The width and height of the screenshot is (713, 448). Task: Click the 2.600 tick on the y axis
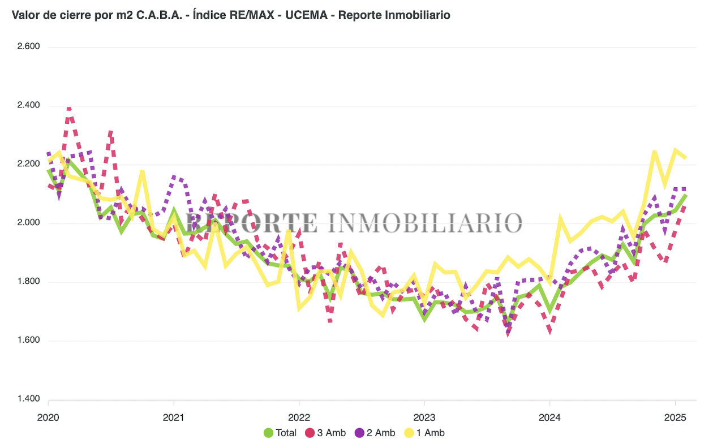click(x=28, y=46)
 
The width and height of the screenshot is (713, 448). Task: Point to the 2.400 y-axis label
click(x=28, y=105)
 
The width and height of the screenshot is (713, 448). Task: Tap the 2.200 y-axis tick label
click(x=28, y=164)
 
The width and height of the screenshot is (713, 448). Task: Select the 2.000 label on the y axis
click(x=28, y=223)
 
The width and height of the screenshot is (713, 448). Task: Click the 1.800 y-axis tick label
click(x=28, y=282)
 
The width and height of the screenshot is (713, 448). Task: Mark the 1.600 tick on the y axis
click(x=28, y=341)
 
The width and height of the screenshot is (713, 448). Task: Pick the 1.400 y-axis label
click(x=28, y=399)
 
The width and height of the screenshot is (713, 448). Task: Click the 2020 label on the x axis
click(x=48, y=418)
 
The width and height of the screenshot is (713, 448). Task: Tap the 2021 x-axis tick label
click(x=174, y=418)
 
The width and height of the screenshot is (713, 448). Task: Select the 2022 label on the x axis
click(x=299, y=418)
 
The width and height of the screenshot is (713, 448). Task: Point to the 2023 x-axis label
click(x=424, y=418)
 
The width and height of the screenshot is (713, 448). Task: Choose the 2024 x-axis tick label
click(x=549, y=418)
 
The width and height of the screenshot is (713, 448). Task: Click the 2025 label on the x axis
click(x=675, y=418)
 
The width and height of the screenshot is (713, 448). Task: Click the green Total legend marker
click(x=269, y=433)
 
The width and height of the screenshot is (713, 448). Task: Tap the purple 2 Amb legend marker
click(x=359, y=433)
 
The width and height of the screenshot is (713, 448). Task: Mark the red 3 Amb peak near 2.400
click(x=69, y=109)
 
